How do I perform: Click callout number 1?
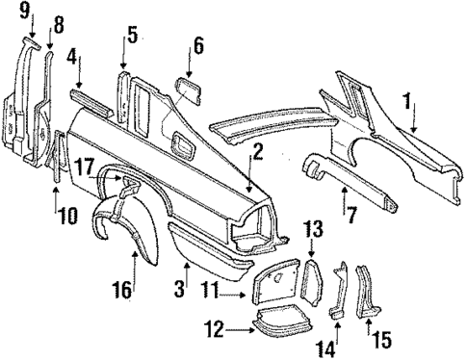click(x=408, y=98)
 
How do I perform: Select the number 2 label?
click(x=257, y=149)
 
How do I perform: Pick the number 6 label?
click(x=197, y=46)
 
